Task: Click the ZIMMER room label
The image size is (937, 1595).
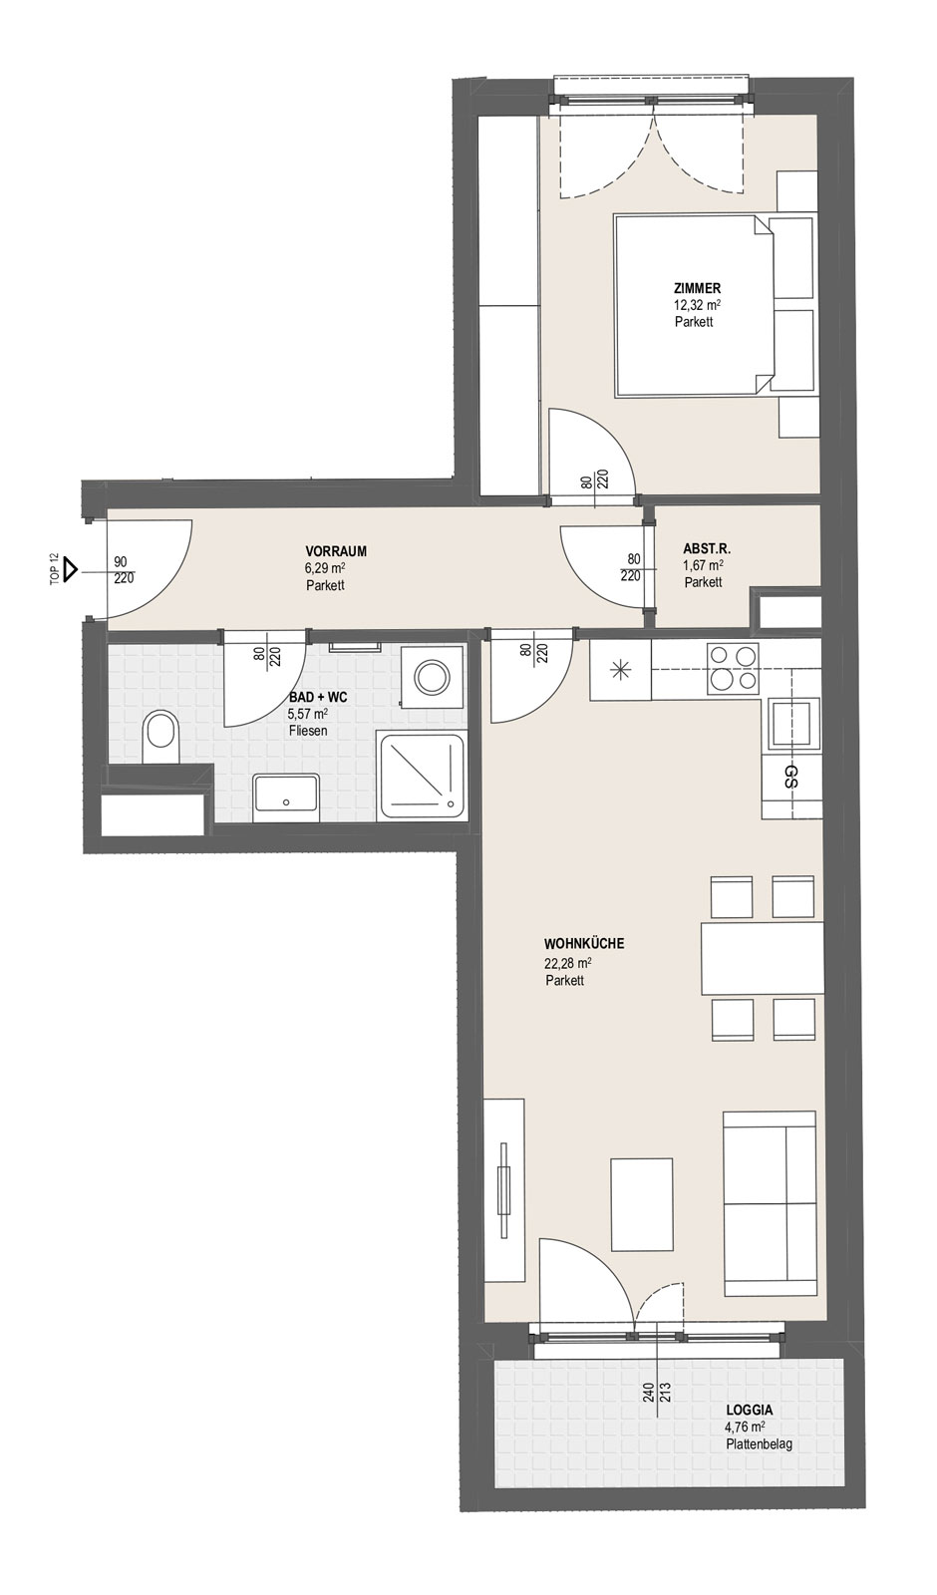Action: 697,288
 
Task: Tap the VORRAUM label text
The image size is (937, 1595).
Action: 336,551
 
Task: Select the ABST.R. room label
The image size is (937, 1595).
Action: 707,549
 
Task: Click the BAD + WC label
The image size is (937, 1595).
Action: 318,698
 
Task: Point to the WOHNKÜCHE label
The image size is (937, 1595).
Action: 584,944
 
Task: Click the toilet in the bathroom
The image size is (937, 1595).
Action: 160,739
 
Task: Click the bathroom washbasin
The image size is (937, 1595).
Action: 285,798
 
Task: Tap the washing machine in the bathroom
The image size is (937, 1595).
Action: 430,677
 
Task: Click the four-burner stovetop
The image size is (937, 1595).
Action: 732,667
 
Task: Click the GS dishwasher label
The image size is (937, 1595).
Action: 790,777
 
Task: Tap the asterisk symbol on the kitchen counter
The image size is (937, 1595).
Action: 620,670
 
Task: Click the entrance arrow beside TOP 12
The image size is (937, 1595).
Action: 70,570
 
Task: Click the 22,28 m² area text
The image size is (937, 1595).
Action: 568,963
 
